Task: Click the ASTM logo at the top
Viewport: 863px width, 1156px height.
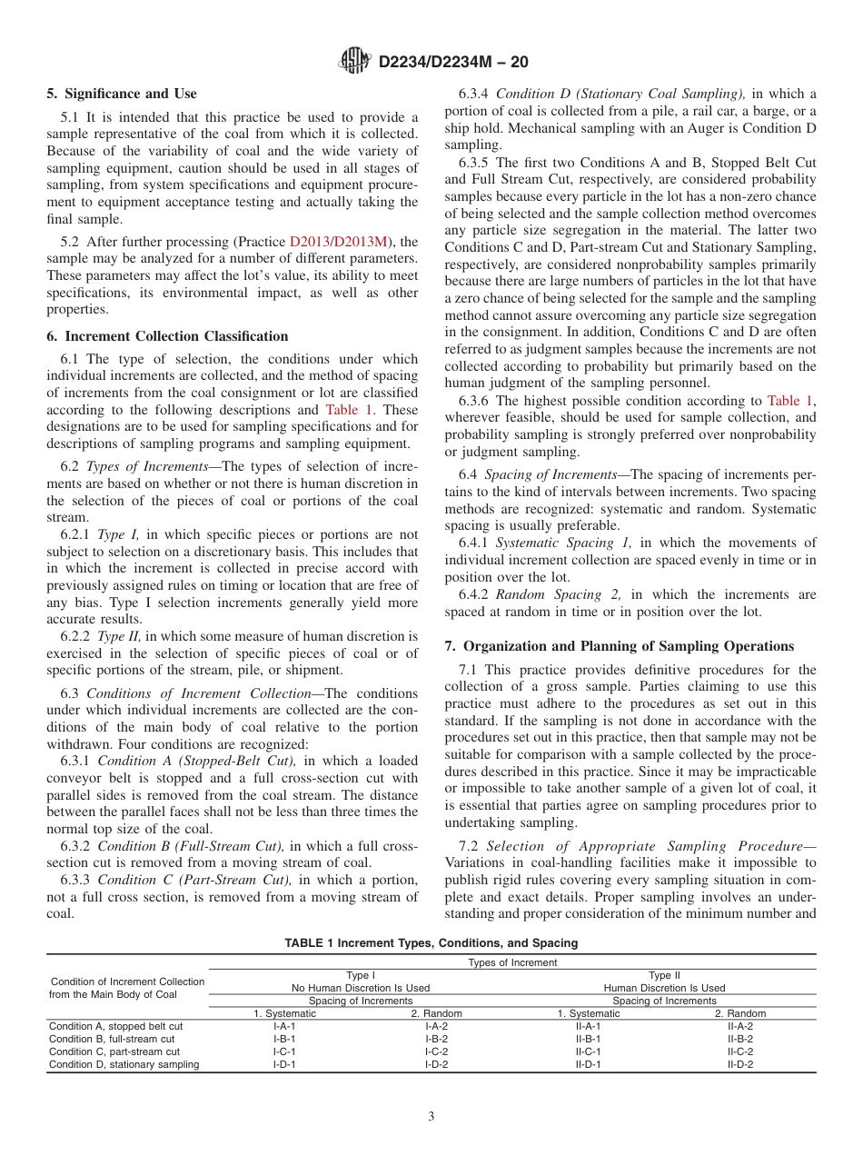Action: click(x=354, y=61)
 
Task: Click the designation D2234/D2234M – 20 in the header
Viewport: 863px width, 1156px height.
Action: click(x=452, y=62)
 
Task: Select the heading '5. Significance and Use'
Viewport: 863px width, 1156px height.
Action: click(x=121, y=94)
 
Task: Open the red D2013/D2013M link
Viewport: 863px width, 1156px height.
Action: click(x=338, y=242)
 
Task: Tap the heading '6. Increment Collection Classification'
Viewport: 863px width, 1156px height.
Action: click(x=167, y=336)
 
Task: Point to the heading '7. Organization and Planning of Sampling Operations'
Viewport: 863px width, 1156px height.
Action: click(x=619, y=646)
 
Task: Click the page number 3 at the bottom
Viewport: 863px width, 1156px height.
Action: click(x=431, y=1116)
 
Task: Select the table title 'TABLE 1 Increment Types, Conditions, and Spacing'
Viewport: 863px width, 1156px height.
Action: click(x=431, y=943)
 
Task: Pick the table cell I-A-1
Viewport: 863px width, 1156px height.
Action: click(x=284, y=1026)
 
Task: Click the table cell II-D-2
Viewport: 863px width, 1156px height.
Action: click(x=740, y=1064)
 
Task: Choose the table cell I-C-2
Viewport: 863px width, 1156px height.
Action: click(x=436, y=1051)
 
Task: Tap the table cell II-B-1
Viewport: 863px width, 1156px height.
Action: click(x=589, y=1039)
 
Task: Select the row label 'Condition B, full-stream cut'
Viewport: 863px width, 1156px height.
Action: click(x=114, y=1039)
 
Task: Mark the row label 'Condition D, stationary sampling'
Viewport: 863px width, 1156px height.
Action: click(x=124, y=1064)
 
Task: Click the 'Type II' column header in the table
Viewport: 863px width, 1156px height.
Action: click(x=664, y=975)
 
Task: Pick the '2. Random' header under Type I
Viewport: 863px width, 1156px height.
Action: click(x=436, y=1013)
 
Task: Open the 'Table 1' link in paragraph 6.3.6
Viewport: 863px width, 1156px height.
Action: click(x=790, y=401)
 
